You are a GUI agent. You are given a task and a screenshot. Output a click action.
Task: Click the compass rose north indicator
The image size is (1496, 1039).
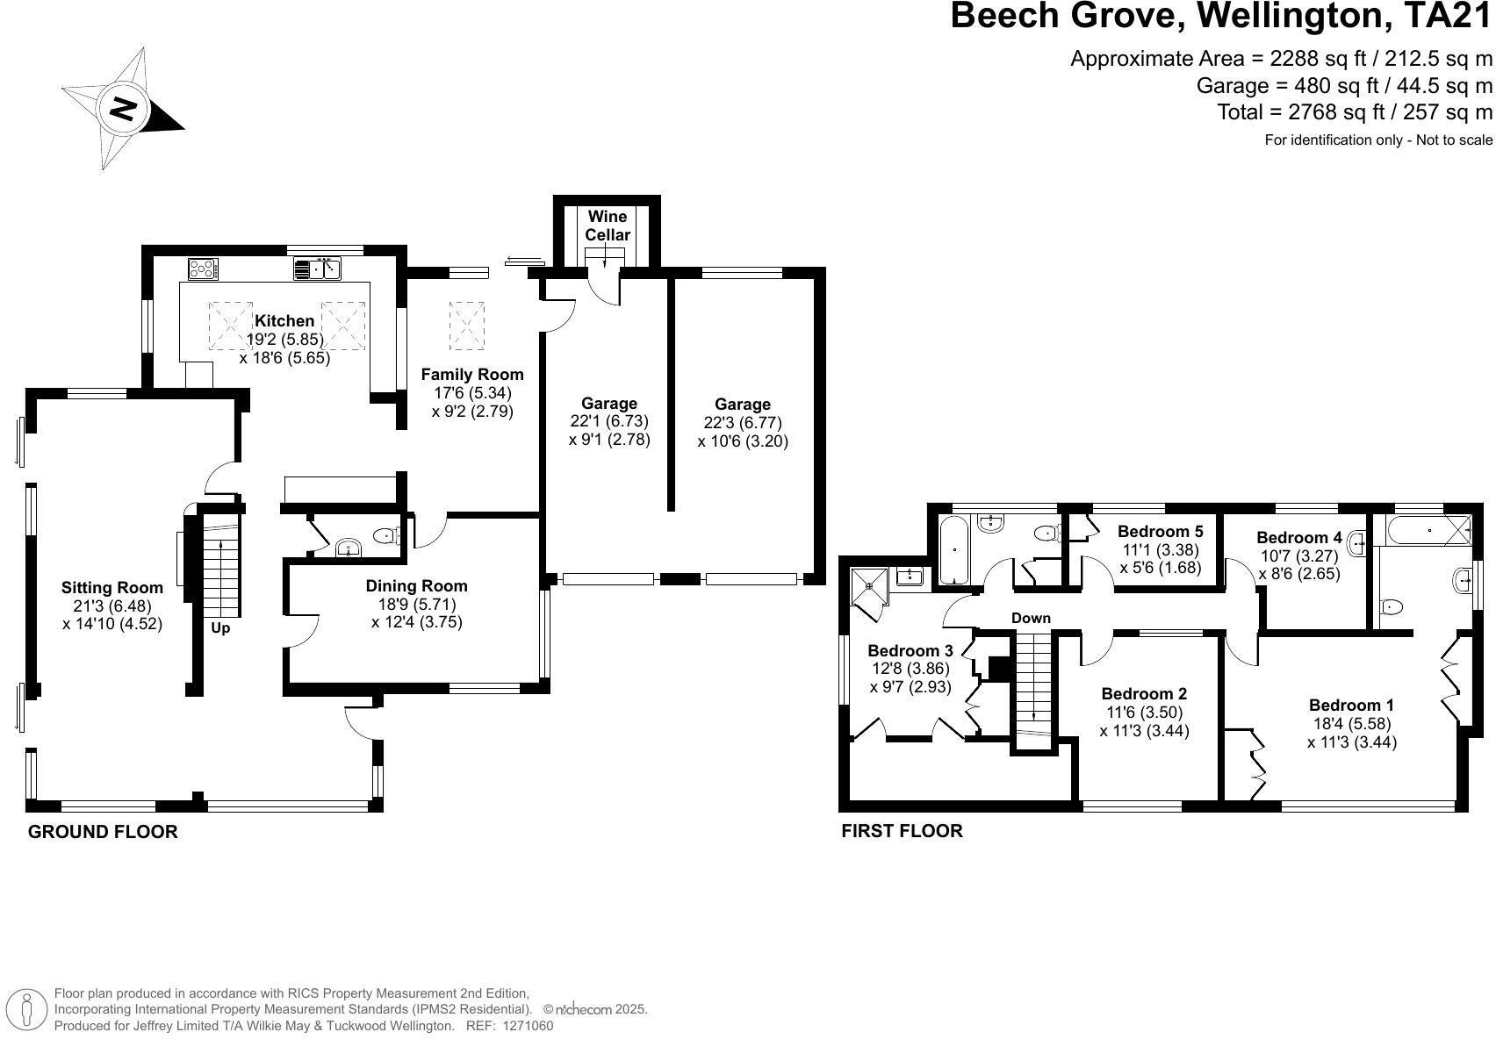123,109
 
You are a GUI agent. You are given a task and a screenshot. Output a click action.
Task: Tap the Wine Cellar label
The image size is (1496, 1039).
608,226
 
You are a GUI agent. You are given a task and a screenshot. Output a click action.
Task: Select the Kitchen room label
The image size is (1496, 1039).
284,321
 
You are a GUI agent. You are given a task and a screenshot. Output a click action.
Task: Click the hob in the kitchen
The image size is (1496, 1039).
203,267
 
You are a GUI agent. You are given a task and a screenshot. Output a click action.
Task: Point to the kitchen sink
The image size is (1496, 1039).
317,268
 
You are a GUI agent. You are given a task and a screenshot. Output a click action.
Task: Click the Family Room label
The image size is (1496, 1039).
472,375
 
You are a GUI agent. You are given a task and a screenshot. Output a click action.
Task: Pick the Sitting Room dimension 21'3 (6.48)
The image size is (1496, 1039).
112,606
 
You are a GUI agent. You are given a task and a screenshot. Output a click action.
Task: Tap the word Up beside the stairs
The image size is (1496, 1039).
220,628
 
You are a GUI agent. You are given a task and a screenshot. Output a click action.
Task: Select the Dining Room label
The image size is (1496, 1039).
416,586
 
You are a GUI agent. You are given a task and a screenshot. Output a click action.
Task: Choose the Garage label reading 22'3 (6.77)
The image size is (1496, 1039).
743,423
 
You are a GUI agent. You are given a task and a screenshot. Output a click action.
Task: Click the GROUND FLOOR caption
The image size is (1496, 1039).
103,832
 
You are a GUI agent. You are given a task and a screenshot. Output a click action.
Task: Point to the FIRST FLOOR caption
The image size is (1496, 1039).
902,831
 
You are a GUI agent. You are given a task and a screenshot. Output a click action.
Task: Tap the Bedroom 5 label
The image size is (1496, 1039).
1160,531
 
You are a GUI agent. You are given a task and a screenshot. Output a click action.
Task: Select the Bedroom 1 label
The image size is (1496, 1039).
1351,706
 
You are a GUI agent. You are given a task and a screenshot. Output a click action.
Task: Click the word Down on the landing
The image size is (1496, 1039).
1031,618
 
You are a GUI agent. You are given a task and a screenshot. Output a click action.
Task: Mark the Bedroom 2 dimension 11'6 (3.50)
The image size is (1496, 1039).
1144,713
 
